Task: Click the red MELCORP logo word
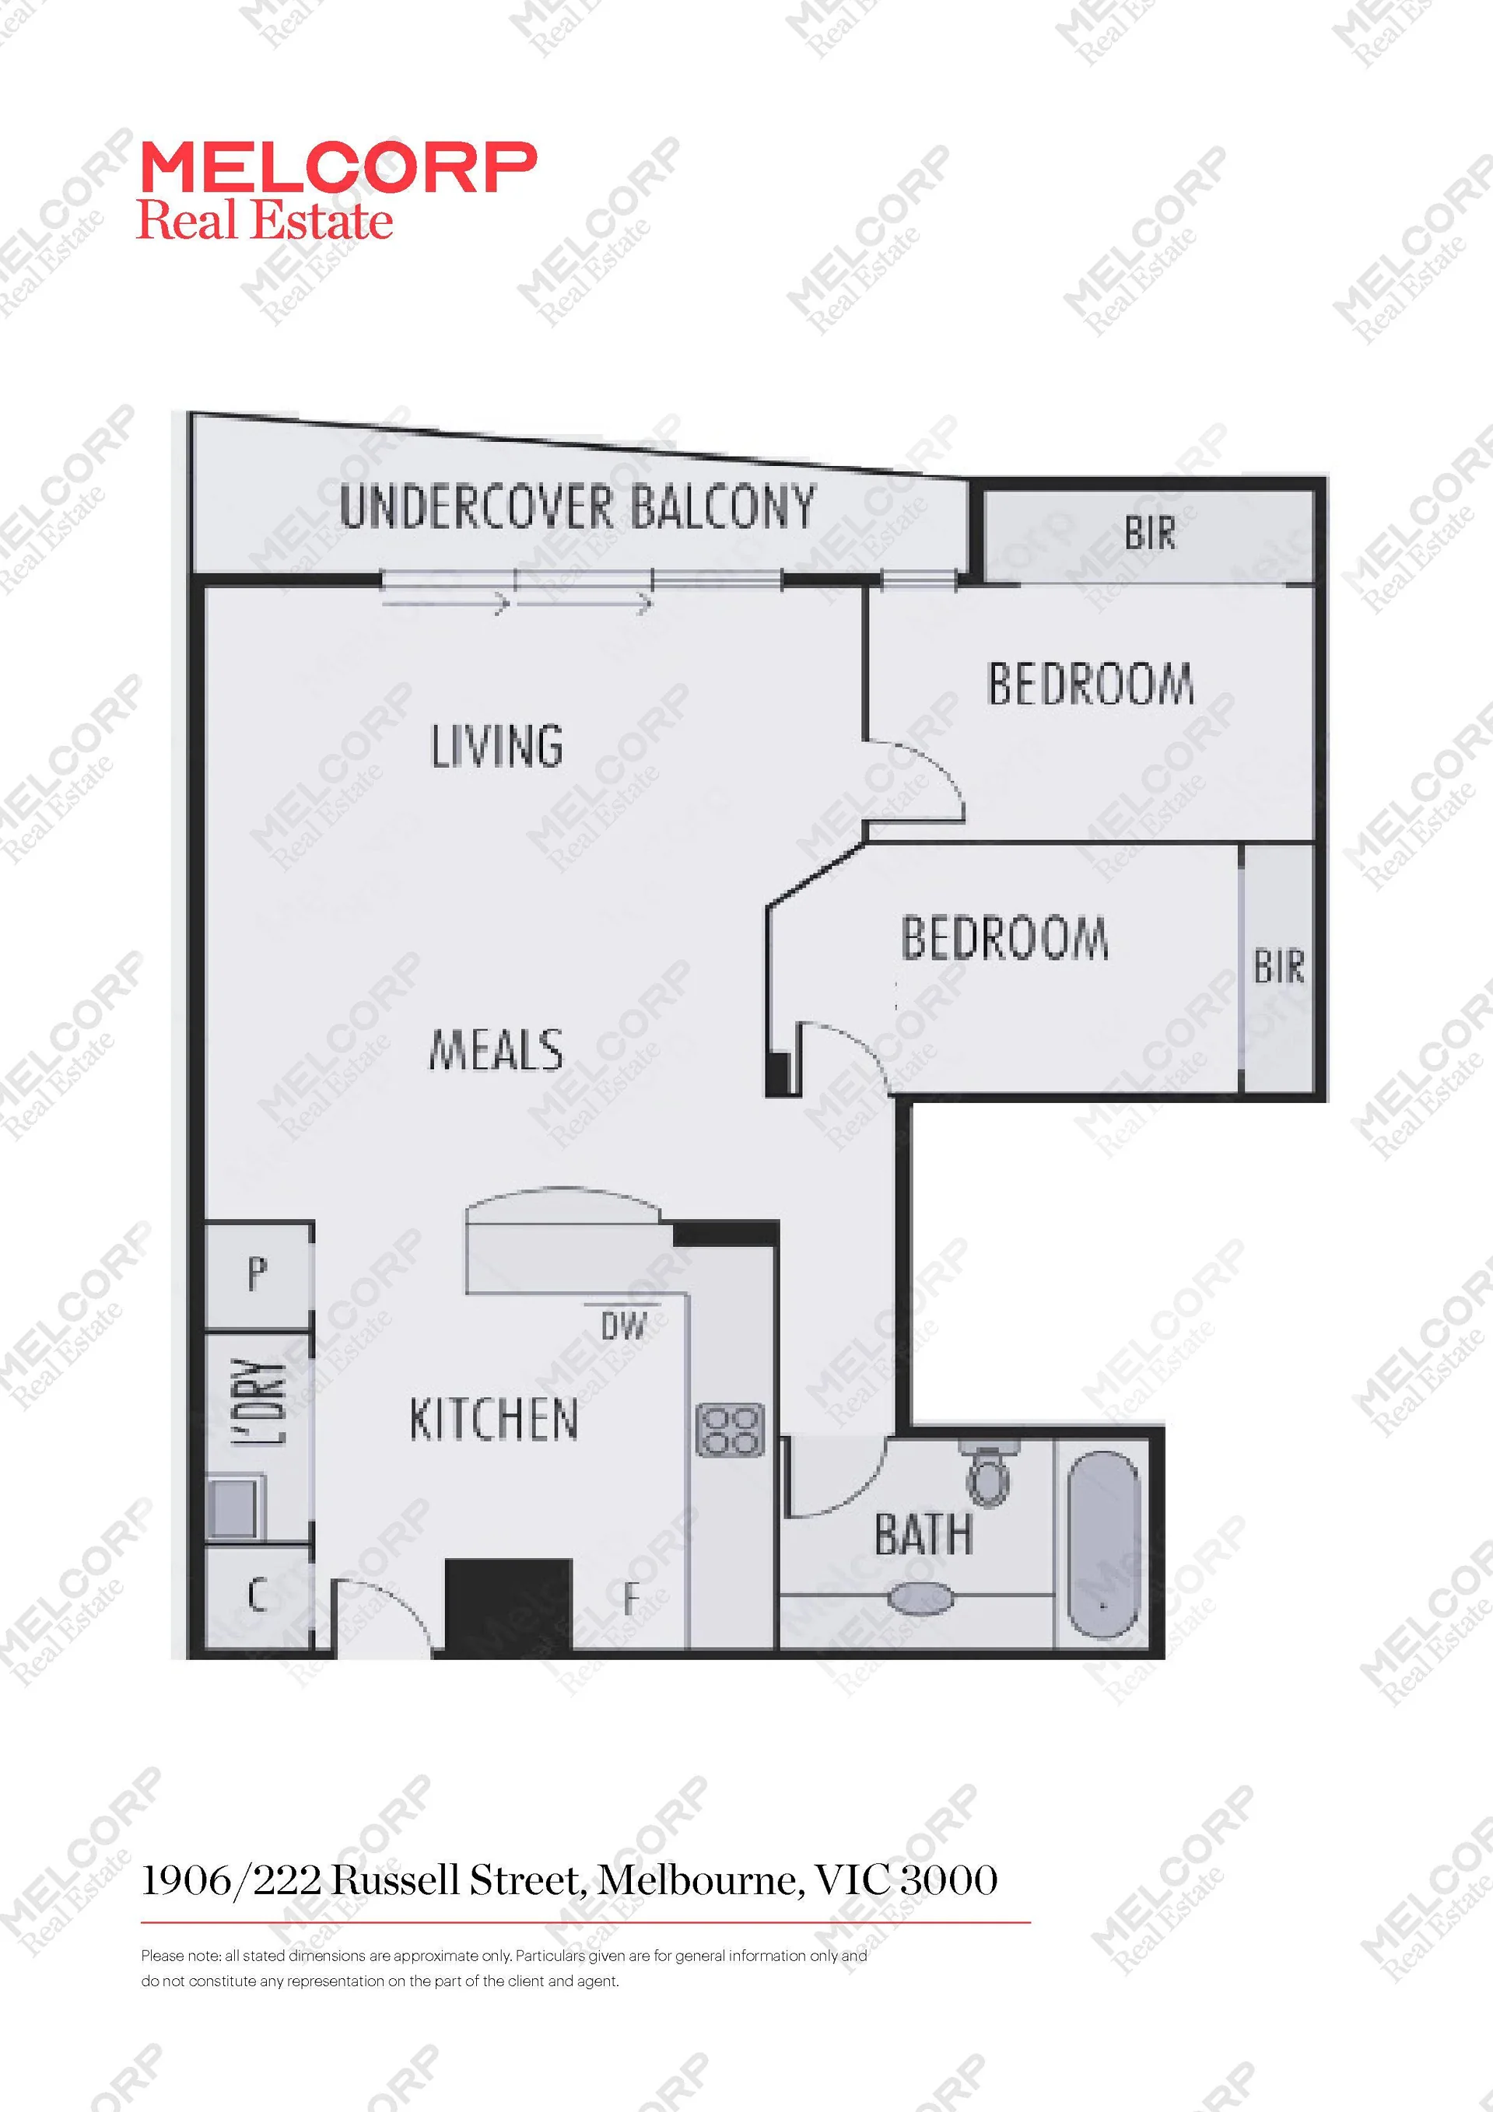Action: click(338, 168)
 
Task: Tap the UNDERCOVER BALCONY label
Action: click(578, 507)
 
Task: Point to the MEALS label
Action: click(496, 1049)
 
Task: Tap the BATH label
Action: click(923, 1533)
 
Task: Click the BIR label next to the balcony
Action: click(1150, 534)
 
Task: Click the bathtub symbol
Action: click(1103, 1543)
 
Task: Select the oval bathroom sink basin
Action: click(920, 1598)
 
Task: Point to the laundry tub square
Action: click(236, 1506)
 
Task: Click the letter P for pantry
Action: click(258, 1273)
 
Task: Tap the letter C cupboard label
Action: click(258, 1594)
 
